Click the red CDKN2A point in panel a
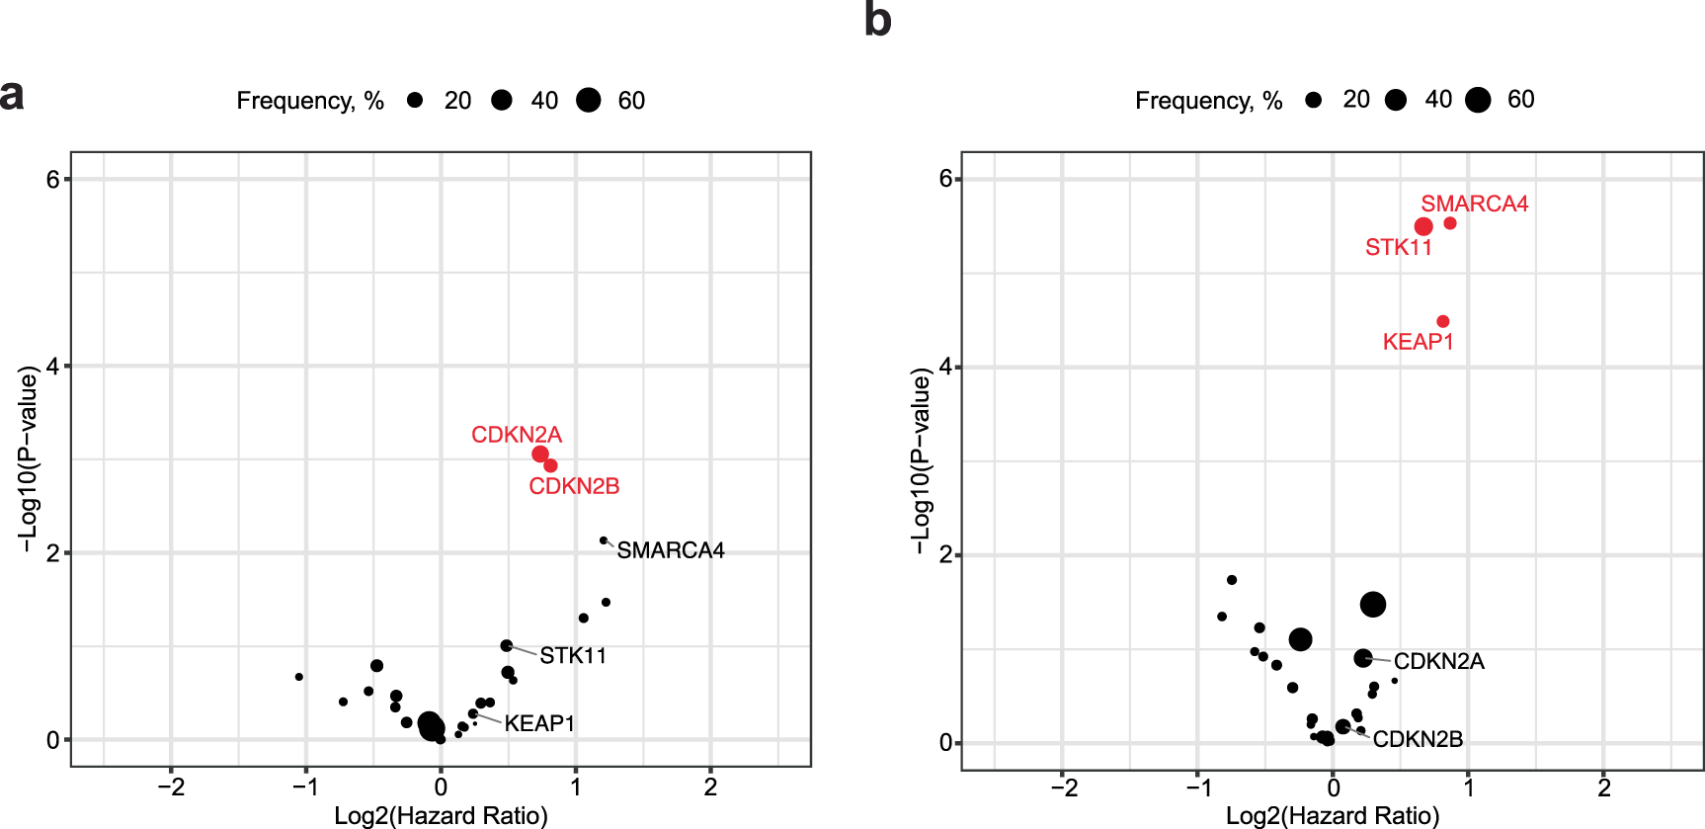pyautogui.click(x=540, y=454)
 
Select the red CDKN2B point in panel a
pyautogui.click(x=550, y=465)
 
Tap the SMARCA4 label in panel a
pyautogui.click(x=670, y=550)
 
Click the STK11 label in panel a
pyautogui.click(x=573, y=655)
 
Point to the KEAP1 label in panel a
pyautogui.click(x=538, y=723)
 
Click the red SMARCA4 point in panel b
pyautogui.click(x=1450, y=223)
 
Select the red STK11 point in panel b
pyautogui.click(x=1423, y=226)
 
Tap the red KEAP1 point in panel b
pyautogui.click(x=1443, y=321)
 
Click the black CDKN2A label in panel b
pyautogui.click(x=1438, y=661)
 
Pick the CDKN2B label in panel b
pyautogui.click(x=1418, y=739)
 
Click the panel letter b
pyautogui.click(x=877, y=21)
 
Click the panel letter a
pyautogui.click(x=12, y=96)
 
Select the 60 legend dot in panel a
pyautogui.click(x=589, y=100)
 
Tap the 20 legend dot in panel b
pyautogui.click(x=1313, y=100)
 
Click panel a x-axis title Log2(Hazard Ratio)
pyautogui.click(x=441, y=815)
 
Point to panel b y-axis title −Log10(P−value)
pyautogui.click(x=920, y=460)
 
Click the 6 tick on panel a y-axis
pyautogui.click(x=52, y=179)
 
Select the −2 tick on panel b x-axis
pyautogui.click(x=1063, y=788)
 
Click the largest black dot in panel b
pyautogui.click(x=1373, y=605)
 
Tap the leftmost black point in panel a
pyautogui.click(x=299, y=677)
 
